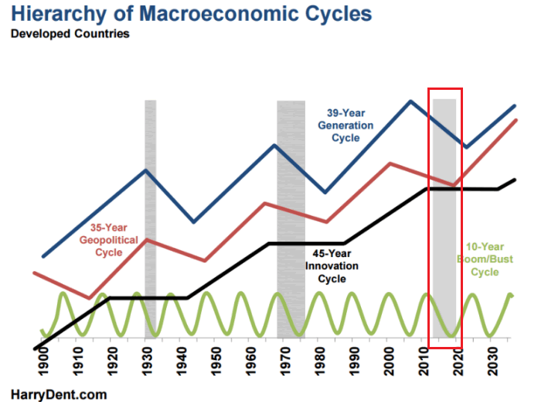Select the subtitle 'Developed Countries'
[70, 34]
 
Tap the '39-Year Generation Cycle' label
[345, 125]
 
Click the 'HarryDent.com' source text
[58, 395]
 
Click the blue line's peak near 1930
[147, 169]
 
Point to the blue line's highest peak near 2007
[410, 101]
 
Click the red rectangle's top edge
[445, 88]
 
